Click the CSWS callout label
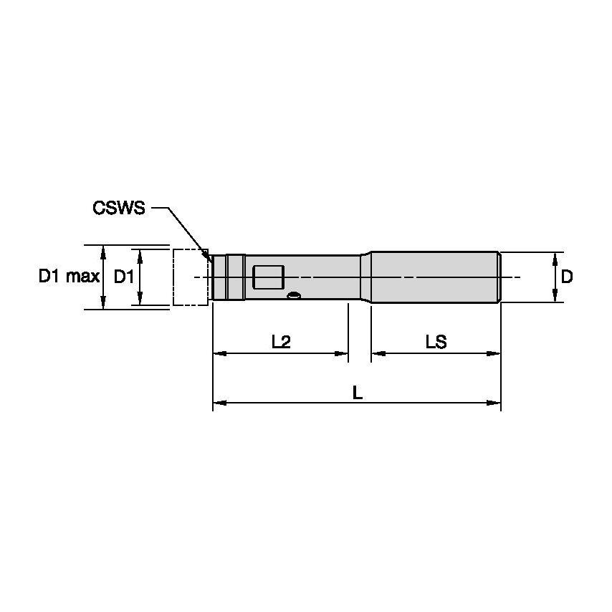pyautogui.click(x=119, y=209)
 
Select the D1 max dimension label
pyautogui.click(x=68, y=277)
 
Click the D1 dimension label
pyautogui.click(x=123, y=277)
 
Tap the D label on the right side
pyautogui.click(x=566, y=277)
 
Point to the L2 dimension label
pyautogui.click(x=281, y=342)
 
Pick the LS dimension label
pyautogui.click(x=435, y=342)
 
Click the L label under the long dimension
pyautogui.click(x=356, y=392)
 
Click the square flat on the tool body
pyautogui.click(x=269, y=277)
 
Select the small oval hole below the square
pyautogui.click(x=293, y=295)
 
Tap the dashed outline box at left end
pyautogui.click(x=190, y=277)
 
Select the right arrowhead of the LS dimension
pyautogui.click(x=495, y=353)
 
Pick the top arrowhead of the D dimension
pyautogui.click(x=555, y=257)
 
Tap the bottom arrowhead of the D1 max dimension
pyautogui.click(x=105, y=305)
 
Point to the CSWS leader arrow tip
pyautogui.click(x=209, y=258)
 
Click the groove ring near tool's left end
pyautogui.click(x=227, y=277)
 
